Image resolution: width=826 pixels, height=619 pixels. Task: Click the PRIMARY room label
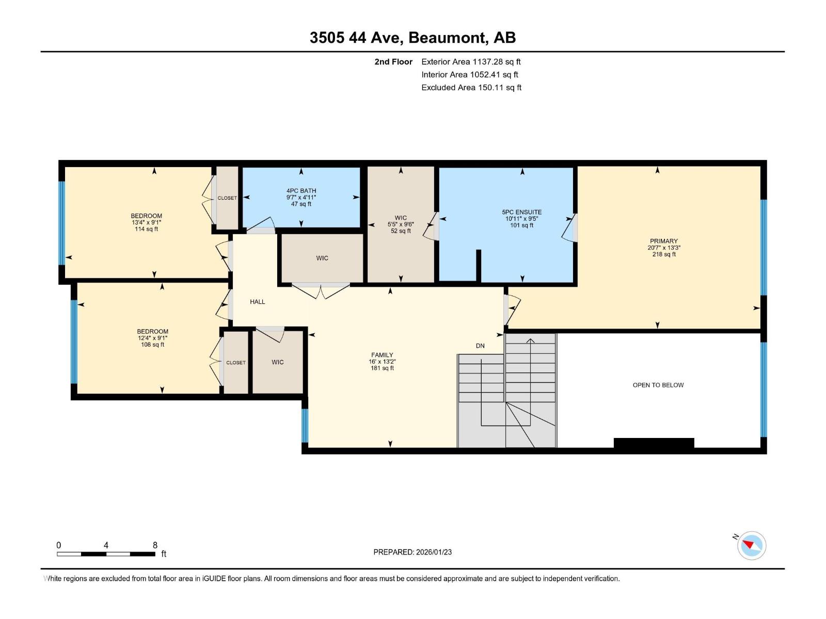663,241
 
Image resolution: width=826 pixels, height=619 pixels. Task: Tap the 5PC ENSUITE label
521,212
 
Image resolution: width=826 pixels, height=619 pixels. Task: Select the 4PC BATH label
301,191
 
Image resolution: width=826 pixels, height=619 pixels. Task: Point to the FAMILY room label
382,355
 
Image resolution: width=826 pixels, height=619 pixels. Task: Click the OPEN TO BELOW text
658,385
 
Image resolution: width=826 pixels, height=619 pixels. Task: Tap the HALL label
257,302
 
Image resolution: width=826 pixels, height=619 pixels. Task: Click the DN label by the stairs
480,346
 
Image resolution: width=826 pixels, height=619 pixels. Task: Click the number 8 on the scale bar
155,545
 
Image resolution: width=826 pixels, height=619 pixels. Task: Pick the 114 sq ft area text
146,229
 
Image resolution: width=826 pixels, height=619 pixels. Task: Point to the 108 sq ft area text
152,345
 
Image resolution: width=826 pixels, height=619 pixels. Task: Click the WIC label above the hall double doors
322,258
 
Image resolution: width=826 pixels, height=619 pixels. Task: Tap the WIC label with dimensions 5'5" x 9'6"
401,218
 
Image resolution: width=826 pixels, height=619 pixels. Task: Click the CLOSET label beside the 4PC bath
227,198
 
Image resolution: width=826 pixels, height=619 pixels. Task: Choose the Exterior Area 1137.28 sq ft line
471,61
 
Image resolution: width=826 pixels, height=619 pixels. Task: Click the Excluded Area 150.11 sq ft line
471,87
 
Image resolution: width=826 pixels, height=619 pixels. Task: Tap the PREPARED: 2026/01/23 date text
412,552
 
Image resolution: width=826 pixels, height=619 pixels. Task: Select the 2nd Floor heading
393,61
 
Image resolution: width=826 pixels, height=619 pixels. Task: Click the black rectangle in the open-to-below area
654,443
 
